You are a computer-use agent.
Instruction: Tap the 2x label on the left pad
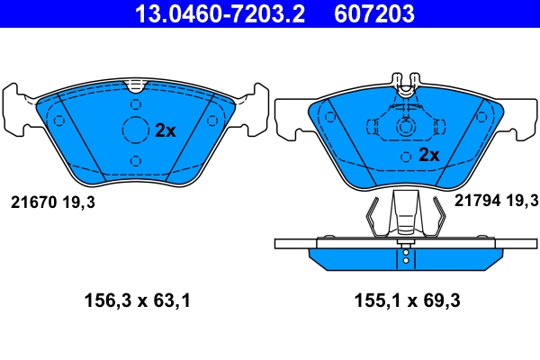pyautogui.click(x=166, y=130)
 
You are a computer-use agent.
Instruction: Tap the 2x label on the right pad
pyautogui.click(x=428, y=155)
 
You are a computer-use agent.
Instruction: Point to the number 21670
pyautogui.click(x=33, y=202)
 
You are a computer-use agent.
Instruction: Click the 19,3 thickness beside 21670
pyautogui.click(x=78, y=202)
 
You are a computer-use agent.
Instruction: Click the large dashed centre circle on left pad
pyautogui.click(x=135, y=130)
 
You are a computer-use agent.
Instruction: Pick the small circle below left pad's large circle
pyautogui.click(x=135, y=160)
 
